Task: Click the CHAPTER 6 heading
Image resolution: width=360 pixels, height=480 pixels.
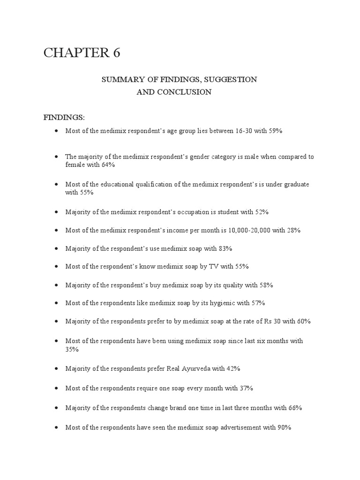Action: [x=82, y=53]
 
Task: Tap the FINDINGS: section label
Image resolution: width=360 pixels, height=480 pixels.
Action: [x=64, y=117]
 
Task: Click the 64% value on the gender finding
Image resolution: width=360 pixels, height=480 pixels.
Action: [x=108, y=165]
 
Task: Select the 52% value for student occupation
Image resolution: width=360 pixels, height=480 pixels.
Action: [x=262, y=212]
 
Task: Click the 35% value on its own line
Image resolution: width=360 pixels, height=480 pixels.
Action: [x=72, y=349]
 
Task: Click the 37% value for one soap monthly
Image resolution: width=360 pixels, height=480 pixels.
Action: [x=247, y=388]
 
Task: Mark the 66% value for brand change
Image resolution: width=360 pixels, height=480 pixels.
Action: [x=295, y=408]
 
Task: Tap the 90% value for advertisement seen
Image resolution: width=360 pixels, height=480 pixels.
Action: [x=284, y=427]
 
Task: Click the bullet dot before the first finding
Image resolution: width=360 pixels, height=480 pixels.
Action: [x=56, y=131]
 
